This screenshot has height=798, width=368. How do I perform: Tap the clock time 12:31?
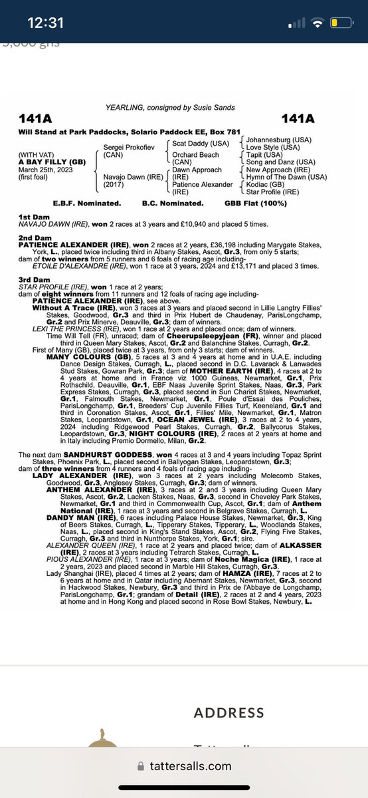pos(45,23)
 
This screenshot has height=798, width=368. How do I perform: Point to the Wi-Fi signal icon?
pos(318,23)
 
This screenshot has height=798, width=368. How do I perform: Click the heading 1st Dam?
pos(31,218)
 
